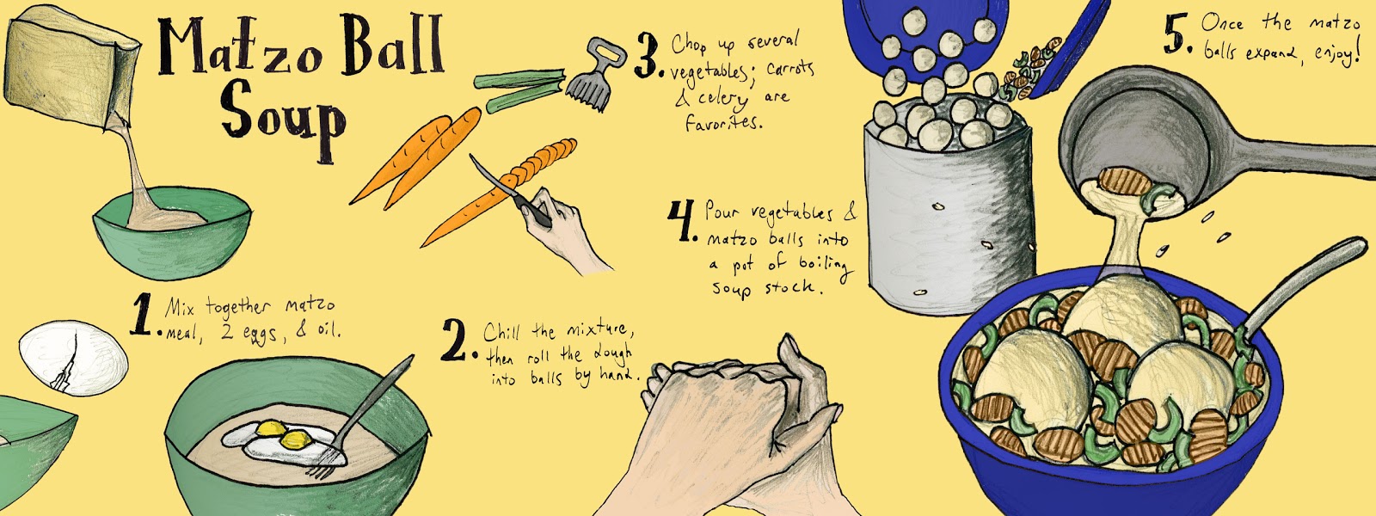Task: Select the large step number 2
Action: (458, 341)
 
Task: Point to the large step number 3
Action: (647, 58)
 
